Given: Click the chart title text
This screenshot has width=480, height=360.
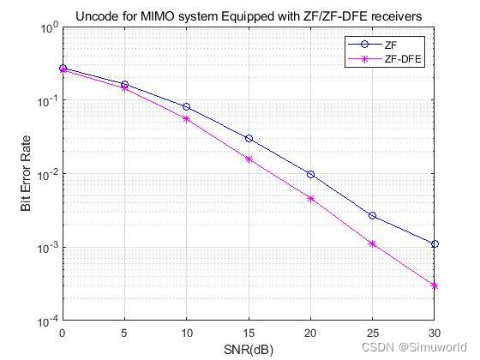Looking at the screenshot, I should tap(249, 15).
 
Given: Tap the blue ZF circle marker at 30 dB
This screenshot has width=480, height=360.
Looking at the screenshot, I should tap(435, 244).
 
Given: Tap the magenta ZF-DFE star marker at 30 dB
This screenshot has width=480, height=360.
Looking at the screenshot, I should tap(435, 285).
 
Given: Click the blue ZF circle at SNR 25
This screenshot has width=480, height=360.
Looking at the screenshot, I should tap(372, 215).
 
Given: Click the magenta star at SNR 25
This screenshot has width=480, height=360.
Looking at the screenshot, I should tap(372, 243).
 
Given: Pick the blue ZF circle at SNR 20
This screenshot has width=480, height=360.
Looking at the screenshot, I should tap(310, 174).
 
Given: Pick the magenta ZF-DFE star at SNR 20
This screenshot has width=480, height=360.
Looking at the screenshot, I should tap(310, 198).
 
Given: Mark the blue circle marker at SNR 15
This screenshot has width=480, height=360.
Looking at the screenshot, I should tap(249, 138).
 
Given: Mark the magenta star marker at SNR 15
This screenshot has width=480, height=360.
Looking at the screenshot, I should tap(249, 159).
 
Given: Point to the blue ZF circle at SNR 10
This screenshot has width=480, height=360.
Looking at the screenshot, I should tap(187, 106).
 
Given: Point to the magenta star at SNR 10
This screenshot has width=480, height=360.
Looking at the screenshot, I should tap(187, 118).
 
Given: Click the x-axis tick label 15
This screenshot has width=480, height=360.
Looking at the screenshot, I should tap(249, 333).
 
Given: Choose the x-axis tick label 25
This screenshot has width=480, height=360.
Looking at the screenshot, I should tap(372, 333).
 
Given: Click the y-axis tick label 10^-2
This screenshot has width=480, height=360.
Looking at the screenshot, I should tap(47, 174).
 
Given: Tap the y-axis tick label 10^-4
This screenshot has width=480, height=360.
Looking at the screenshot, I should tap(47, 321).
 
